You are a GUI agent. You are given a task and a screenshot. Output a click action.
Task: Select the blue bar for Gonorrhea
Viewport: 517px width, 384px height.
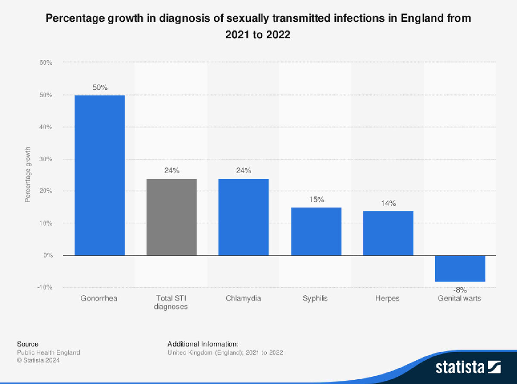tap(100, 175)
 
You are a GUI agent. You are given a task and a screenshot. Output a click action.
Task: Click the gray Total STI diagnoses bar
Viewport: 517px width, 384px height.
tap(171, 217)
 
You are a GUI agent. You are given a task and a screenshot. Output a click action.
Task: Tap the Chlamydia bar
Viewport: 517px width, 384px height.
tap(243, 217)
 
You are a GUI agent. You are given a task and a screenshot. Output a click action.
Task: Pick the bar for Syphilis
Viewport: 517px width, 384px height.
tap(316, 232)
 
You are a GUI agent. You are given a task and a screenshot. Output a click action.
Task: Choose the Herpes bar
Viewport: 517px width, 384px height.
tap(388, 233)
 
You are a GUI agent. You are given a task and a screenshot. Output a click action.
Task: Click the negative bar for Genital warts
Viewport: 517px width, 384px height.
tap(460, 269)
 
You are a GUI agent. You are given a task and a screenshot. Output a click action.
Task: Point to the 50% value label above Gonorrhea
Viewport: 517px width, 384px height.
tap(100, 87)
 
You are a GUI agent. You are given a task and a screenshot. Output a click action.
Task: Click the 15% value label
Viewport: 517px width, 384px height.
tap(316, 200)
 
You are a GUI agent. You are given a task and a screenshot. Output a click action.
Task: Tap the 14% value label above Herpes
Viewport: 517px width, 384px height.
tap(388, 203)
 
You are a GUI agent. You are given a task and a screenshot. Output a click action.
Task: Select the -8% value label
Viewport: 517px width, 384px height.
tap(460, 290)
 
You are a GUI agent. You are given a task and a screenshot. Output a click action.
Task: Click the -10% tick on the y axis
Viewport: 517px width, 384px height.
tap(44, 287)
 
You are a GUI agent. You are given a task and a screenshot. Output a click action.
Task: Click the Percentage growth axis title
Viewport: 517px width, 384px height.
tap(28, 175)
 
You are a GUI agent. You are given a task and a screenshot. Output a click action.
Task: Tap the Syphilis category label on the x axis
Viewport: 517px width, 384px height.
tap(315, 298)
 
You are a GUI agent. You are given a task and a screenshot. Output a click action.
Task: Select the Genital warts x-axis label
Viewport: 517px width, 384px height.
tap(459, 298)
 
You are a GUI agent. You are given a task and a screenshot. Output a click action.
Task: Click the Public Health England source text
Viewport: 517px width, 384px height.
tap(48, 352)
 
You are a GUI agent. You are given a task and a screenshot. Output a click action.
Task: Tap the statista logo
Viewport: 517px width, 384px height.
tap(468, 367)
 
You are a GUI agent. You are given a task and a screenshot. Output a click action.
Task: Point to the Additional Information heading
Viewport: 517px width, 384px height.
tap(202, 344)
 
